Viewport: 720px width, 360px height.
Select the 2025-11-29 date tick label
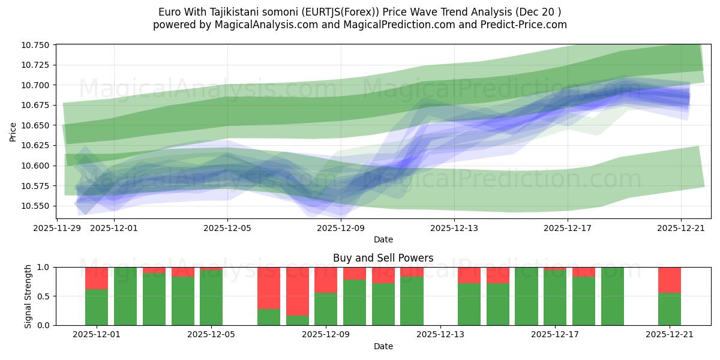[57, 228]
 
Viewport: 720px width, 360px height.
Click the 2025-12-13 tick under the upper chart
[454, 228]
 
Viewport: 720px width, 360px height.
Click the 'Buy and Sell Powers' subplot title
[383, 258]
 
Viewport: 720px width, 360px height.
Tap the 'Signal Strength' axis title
[28, 296]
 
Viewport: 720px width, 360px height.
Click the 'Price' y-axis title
[13, 132]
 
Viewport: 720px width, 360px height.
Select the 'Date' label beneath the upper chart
[383, 239]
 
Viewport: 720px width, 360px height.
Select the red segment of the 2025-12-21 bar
[669, 280]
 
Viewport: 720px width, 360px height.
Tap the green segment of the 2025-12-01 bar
[97, 307]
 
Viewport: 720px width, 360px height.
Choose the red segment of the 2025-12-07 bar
[269, 288]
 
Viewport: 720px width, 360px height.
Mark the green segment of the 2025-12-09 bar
[326, 309]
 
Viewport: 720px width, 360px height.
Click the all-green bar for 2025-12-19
[612, 296]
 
